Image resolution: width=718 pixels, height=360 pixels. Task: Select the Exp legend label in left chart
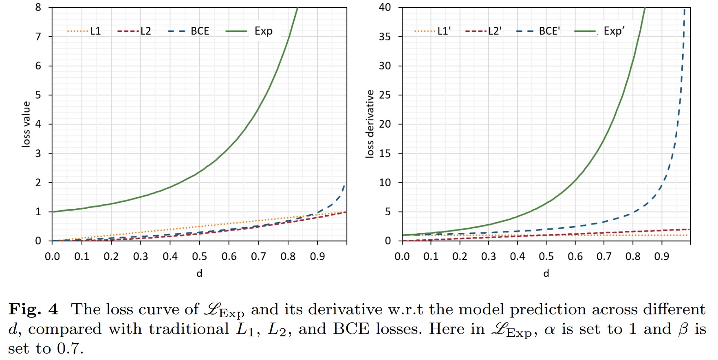[263, 31]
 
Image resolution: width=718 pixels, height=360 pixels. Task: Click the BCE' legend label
[549, 31]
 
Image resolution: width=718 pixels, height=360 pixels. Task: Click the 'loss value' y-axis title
[26, 124]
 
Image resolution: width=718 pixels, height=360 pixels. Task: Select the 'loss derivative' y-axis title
[370, 124]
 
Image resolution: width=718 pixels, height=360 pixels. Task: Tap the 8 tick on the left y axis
[38, 7]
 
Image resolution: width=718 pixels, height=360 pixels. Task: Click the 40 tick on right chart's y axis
[385, 7]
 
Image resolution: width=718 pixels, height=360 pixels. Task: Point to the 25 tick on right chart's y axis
[385, 95]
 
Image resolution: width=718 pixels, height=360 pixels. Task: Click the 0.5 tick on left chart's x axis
[199, 256]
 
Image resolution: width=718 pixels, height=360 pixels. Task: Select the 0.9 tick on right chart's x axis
[661, 256]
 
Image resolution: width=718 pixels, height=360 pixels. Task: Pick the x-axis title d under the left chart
[199, 273]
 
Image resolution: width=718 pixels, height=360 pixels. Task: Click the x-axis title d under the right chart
[546, 273]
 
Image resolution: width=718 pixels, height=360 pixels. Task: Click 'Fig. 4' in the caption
[33, 309]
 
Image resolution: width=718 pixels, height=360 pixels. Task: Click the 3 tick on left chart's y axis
[38, 153]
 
